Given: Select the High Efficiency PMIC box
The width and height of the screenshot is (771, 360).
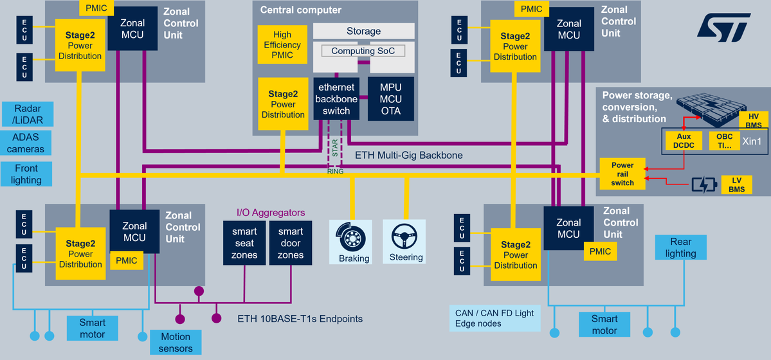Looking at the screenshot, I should (x=282, y=44).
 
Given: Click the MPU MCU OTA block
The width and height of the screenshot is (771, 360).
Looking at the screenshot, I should (x=390, y=99).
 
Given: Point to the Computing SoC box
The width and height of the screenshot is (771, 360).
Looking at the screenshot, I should (x=362, y=51).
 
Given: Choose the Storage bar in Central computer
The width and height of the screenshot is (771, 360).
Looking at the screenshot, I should (x=363, y=31).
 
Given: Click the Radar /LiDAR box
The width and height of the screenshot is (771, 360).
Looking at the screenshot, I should (x=27, y=114).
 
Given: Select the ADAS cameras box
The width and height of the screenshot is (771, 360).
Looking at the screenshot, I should (x=27, y=143).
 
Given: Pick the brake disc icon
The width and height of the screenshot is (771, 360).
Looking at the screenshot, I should (x=351, y=237).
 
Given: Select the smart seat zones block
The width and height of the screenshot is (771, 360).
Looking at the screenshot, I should (x=244, y=243).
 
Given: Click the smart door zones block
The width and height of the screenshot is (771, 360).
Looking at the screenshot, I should (x=290, y=243).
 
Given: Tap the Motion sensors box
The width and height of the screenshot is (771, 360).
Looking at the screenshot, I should (x=176, y=342).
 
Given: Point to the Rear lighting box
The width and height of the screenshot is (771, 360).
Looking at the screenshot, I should (x=680, y=248).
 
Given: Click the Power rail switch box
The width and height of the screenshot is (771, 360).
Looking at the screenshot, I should (x=622, y=174).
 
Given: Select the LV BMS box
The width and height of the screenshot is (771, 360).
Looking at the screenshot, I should (x=736, y=184).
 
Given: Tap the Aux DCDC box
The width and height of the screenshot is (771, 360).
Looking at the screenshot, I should (x=683, y=141).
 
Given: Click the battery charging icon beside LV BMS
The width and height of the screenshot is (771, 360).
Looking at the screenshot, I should (x=704, y=185).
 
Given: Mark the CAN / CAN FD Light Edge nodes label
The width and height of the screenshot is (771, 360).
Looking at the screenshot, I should (x=494, y=318).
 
